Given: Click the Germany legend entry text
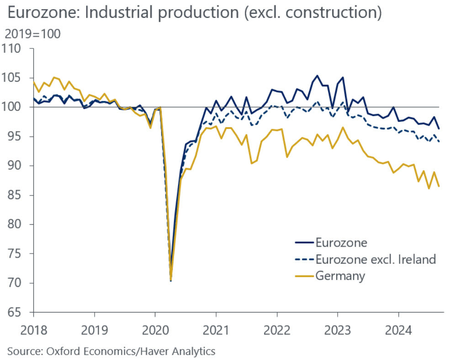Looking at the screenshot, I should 340,276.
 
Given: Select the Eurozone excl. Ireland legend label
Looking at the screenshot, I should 376,259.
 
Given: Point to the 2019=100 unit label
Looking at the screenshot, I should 32,34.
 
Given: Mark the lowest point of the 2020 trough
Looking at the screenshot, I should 170,280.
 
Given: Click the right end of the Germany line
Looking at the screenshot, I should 439,186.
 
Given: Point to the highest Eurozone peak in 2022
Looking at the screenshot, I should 317,76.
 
